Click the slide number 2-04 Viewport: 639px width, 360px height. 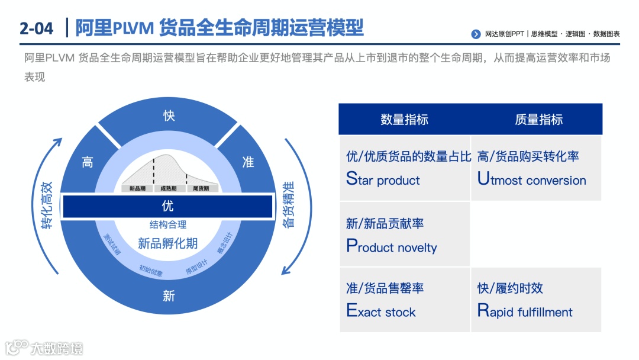(36, 28)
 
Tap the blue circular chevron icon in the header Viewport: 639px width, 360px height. (476, 34)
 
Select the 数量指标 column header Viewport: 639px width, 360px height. (404, 120)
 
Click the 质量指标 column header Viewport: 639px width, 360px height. (538, 120)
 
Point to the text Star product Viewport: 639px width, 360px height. (383, 179)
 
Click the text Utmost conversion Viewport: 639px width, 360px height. (531, 179)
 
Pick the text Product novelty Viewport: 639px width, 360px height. (391, 247)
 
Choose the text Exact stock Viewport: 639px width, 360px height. (380, 311)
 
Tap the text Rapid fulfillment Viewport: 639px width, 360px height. (525, 311)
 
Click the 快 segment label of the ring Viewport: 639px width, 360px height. (169, 115)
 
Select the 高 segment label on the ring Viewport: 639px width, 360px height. (88, 162)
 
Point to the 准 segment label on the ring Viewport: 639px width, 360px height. (248, 162)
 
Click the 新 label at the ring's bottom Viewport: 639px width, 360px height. (169, 295)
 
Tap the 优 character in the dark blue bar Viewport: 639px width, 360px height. (168, 207)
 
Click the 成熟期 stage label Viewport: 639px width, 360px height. (168, 188)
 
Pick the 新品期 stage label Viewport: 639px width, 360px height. (137, 188)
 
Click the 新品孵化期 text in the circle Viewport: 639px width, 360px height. (168, 243)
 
